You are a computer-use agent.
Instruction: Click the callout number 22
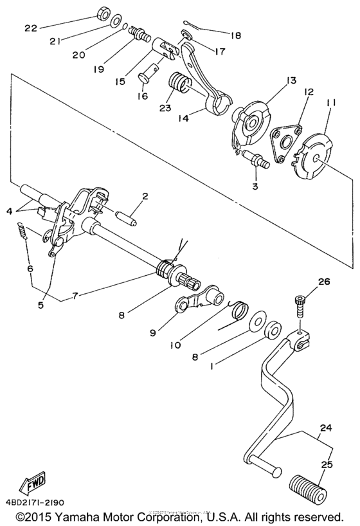pos(32,28)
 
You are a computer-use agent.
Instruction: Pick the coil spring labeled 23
pos(179,84)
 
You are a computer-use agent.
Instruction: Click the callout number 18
pos(236,36)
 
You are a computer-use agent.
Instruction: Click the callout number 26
pos(323,281)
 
